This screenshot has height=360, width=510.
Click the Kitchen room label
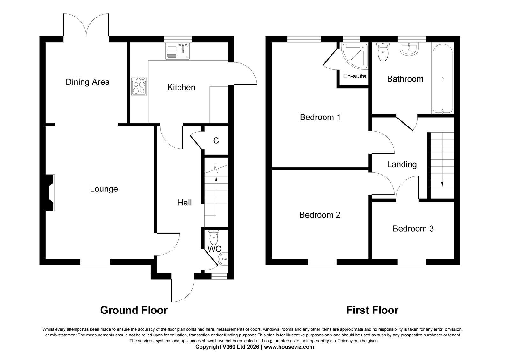click(x=181, y=87)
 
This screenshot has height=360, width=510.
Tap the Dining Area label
click(x=88, y=82)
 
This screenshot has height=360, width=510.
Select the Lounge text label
click(x=104, y=189)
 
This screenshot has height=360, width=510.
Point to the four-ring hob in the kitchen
click(x=139, y=86)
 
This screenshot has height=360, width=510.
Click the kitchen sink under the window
click(x=178, y=51)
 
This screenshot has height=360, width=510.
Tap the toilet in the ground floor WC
click(x=214, y=237)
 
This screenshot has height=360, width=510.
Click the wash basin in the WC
click(x=223, y=259)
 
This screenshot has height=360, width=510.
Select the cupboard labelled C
click(x=216, y=141)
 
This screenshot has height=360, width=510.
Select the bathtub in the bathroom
click(x=442, y=78)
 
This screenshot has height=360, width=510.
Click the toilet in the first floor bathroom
click(x=383, y=52)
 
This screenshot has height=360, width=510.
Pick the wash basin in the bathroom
click(x=409, y=49)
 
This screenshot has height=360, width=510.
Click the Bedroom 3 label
click(x=413, y=228)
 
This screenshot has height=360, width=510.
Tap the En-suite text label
click(x=354, y=76)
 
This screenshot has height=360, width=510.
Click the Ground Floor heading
click(x=134, y=310)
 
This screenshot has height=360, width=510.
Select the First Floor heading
click(x=372, y=310)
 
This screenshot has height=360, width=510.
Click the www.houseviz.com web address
click(x=289, y=347)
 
